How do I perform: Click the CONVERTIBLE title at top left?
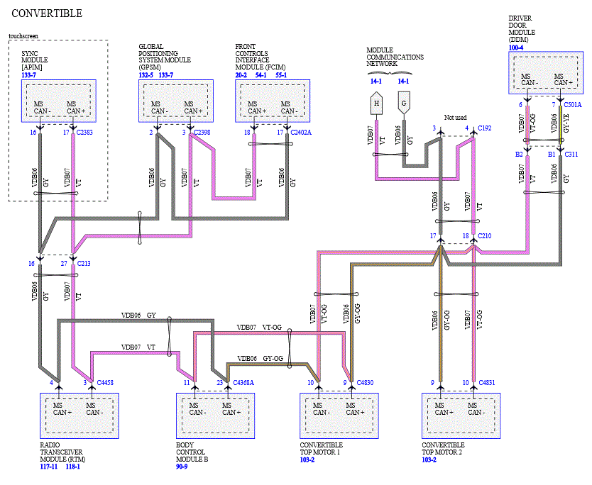pos(47,13)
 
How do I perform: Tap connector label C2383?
pos(84,133)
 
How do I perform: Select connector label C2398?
pos(202,133)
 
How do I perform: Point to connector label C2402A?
pos(301,133)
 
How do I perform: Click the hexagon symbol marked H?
pos(376,104)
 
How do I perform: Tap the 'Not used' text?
pos(455,117)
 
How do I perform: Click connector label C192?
pos(484,128)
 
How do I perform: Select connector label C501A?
pos(573,105)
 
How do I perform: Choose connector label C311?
pos(571,155)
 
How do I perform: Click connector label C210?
pos(484,236)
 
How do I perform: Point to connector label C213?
pos(84,264)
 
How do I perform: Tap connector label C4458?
pos(105,383)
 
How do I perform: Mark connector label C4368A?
pos(243,383)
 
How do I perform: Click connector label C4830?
pos(365,383)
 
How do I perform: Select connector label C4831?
pos(487,383)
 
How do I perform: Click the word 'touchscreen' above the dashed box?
pos(23,36)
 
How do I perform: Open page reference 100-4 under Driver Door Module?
pos(516,48)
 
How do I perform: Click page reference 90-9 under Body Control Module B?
pos(182,467)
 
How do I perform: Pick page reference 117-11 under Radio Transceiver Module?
pos(49,467)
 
